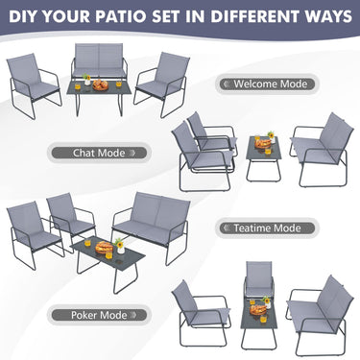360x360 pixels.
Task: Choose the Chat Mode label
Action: [x=98, y=152]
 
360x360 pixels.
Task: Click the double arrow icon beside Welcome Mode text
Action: [x=227, y=84]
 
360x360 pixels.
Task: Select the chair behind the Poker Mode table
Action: [x=259, y=278]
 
